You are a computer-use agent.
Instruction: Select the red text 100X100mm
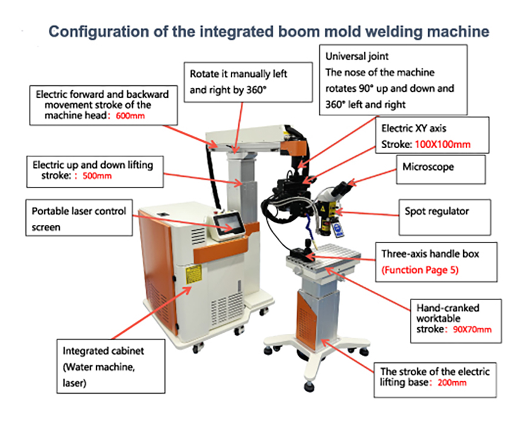[x=445, y=145]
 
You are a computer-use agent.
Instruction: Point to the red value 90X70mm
[x=472, y=330]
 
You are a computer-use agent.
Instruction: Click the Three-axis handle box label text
[x=429, y=254]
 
